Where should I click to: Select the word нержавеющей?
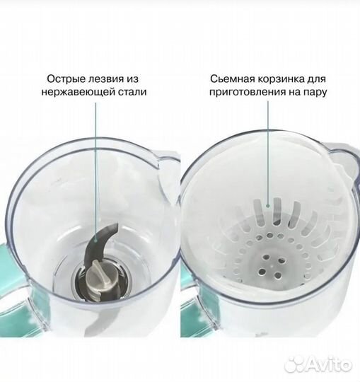pyautogui.click(x=80, y=92)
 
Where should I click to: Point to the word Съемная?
pyautogui.click(x=233, y=79)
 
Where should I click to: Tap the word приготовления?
pyautogui.click(x=244, y=92)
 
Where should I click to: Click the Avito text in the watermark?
pyautogui.click(x=327, y=366)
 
